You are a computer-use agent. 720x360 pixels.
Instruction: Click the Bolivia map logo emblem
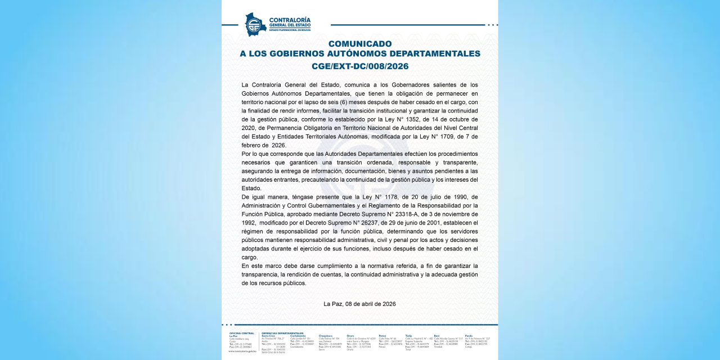pos(255,25)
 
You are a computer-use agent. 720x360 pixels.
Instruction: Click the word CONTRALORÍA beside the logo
pos(290,20)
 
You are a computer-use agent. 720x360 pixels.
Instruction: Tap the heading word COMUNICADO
pos(360,43)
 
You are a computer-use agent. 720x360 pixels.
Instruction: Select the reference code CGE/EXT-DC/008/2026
pos(360,66)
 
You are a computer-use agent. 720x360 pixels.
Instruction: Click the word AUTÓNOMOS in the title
pos(359,54)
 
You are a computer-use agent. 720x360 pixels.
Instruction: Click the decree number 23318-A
pos(420,214)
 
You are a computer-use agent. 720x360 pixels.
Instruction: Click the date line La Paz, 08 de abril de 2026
pos(360,304)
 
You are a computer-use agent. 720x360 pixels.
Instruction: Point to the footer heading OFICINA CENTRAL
pos(241,333)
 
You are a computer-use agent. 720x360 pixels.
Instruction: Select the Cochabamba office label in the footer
pos(298,336)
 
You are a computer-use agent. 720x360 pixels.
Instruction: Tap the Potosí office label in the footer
pos(382,336)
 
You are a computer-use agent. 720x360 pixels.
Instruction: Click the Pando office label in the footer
pos(469,336)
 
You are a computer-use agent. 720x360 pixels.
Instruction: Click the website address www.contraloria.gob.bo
pos(242,351)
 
